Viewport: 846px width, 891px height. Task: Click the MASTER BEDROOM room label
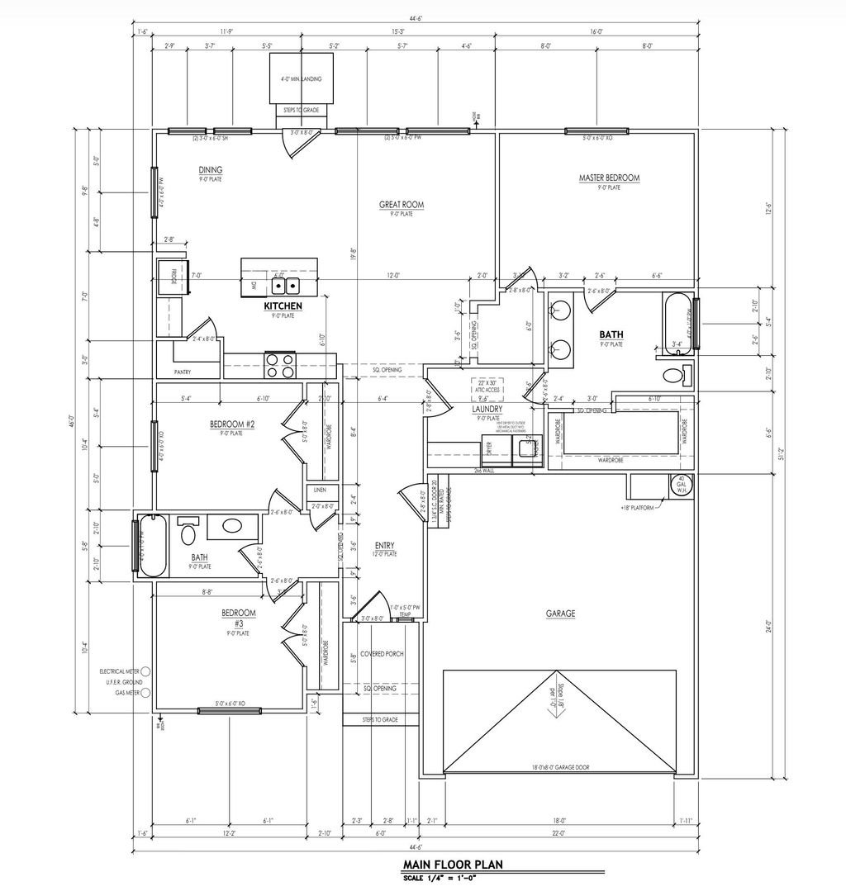click(x=609, y=178)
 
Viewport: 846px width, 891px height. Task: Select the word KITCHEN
click(x=283, y=306)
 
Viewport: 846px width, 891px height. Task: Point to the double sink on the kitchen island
click(x=287, y=286)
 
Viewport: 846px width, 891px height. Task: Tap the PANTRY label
click(x=183, y=372)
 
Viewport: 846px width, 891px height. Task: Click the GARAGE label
click(x=560, y=614)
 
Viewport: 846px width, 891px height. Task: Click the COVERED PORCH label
click(x=381, y=653)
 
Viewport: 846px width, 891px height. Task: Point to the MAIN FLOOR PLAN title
click(x=453, y=865)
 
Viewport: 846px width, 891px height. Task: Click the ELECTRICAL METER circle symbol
click(x=145, y=671)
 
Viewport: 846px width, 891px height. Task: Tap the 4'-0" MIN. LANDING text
click(x=301, y=79)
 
